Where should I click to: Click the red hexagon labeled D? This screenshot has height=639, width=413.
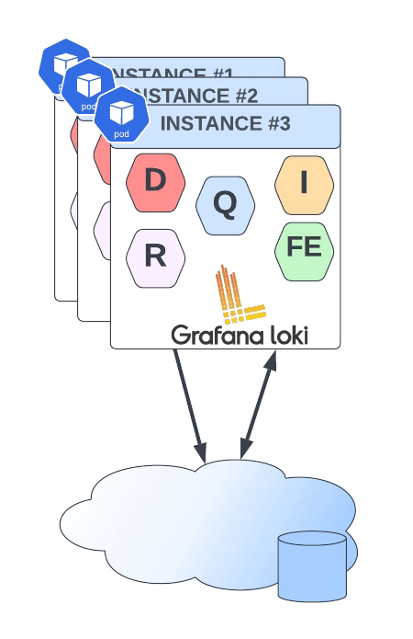pyautogui.click(x=155, y=182)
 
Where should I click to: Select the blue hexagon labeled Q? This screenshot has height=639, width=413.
pyautogui.click(x=225, y=205)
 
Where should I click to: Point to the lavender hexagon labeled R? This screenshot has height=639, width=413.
pyautogui.click(x=155, y=257)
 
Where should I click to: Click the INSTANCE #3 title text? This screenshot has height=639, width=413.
pyautogui.click(x=225, y=123)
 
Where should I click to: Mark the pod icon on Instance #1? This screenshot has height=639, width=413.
pyautogui.click(x=62, y=65)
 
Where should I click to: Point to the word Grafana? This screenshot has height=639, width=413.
pyautogui.click(x=215, y=336)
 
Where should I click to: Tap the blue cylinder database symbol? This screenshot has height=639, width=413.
pyautogui.click(x=312, y=565)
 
